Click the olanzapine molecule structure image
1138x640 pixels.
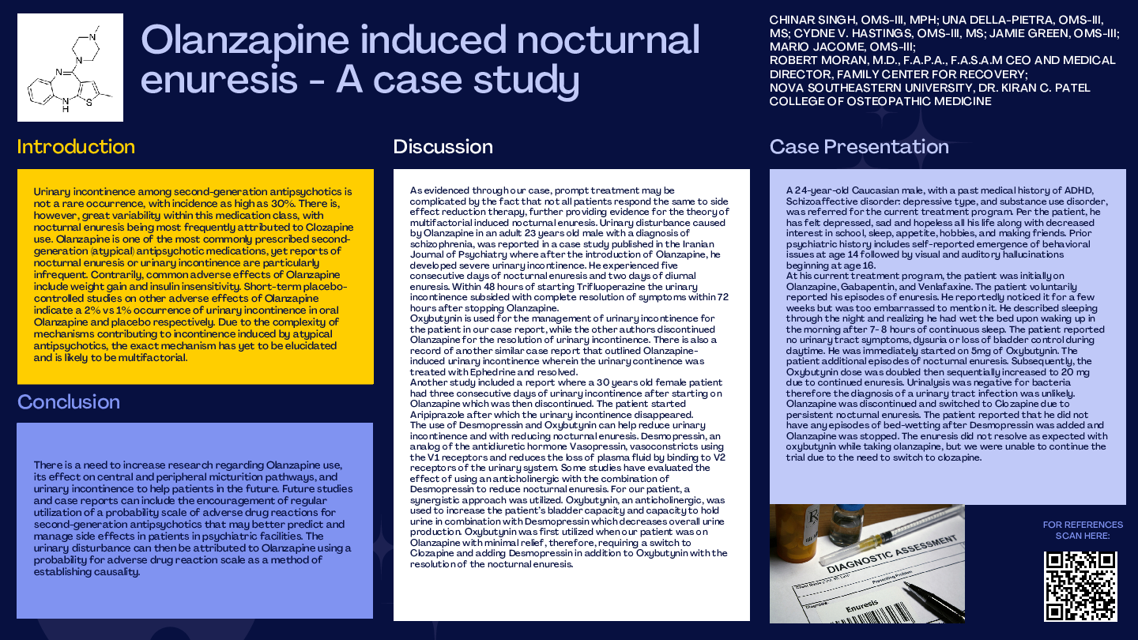tap(70, 67)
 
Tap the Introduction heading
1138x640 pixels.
tap(76, 147)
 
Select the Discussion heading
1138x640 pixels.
tap(443, 147)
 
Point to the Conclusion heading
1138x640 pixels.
tap(69, 402)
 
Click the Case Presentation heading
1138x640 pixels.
tap(859, 147)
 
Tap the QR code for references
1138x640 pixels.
tap(1080, 586)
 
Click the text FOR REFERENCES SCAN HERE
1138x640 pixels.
tap(1082, 530)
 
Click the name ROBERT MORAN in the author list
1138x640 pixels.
tap(815, 60)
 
